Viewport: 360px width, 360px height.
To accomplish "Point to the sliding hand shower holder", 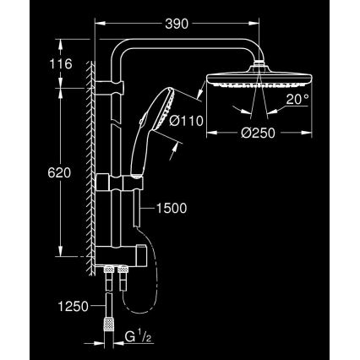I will (x=134, y=181).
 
